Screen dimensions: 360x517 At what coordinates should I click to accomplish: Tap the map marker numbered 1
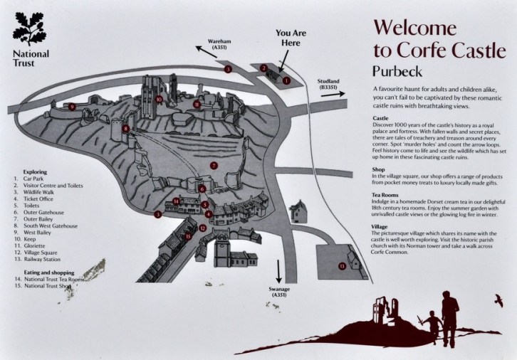pos(286,81)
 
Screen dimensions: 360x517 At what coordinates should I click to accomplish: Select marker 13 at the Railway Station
pos(342,265)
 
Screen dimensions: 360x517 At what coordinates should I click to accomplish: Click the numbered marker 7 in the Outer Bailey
pos(213,164)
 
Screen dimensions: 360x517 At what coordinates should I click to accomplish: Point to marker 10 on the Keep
pos(160,99)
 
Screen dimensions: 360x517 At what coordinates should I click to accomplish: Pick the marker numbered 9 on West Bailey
pos(72,107)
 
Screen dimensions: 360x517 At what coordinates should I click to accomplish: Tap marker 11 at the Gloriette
pos(197,104)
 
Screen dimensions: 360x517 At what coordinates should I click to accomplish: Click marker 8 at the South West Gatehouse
pos(125,129)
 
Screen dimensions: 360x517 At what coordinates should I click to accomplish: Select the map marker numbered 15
pos(188,237)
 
